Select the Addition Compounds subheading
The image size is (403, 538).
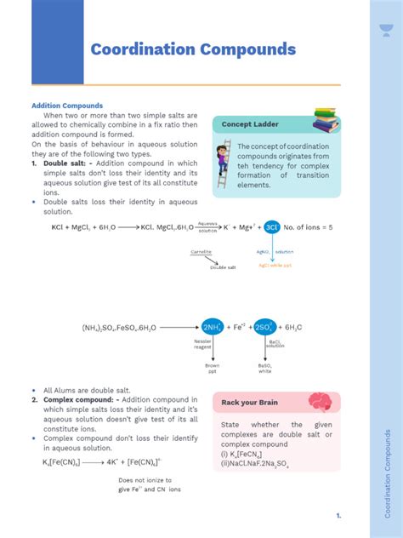pyautogui.click(x=67, y=106)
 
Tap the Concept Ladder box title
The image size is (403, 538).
pyautogui.click(x=250, y=124)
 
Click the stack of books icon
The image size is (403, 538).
pyautogui.click(x=326, y=120)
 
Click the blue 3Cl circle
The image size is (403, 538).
pyautogui.click(x=271, y=227)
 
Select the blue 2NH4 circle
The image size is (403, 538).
pyautogui.click(x=212, y=327)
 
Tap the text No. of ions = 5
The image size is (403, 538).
pyautogui.click(x=309, y=227)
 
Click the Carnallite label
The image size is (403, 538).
pyautogui.click(x=201, y=252)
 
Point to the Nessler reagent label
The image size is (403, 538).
pyautogui.click(x=202, y=344)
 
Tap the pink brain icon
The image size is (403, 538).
pyautogui.click(x=320, y=402)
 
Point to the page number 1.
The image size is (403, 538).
pyautogui.click(x=338, y=516)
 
